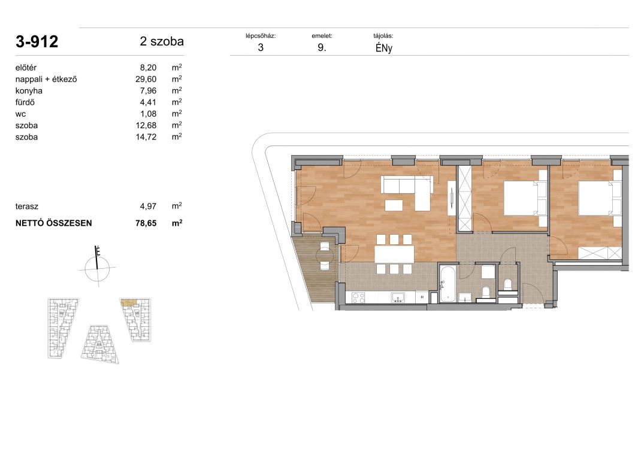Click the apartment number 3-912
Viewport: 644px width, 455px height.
tap(37, 41)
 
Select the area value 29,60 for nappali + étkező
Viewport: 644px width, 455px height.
tap(146, 79)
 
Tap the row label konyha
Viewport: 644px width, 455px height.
tap(29, 90)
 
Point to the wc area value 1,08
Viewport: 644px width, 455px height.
tap(148, 114)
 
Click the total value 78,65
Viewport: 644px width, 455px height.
tap(146, 223)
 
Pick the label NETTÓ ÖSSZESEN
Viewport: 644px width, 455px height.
tap(54, 223)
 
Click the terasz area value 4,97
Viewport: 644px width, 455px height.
tap(148, 207)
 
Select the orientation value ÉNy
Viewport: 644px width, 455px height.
tap(384, 48)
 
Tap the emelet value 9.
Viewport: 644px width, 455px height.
tap(322, 47)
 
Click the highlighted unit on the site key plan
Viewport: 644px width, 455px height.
tap(128, 303)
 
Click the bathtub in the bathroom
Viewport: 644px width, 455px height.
tap(446, 284)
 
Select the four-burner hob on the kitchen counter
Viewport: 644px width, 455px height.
tap(358, 298)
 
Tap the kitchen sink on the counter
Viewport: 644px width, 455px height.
tap(398, 298)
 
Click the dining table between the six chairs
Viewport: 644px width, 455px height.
tap(394, 254)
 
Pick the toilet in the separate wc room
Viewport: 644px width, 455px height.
tap(507, 284)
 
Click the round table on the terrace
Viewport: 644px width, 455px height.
tap(325, 256)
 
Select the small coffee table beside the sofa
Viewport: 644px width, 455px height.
tap(394, 205)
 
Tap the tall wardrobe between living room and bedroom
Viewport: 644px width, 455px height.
tap(465, 199)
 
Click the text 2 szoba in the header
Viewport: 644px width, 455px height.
tap(162, 41)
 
